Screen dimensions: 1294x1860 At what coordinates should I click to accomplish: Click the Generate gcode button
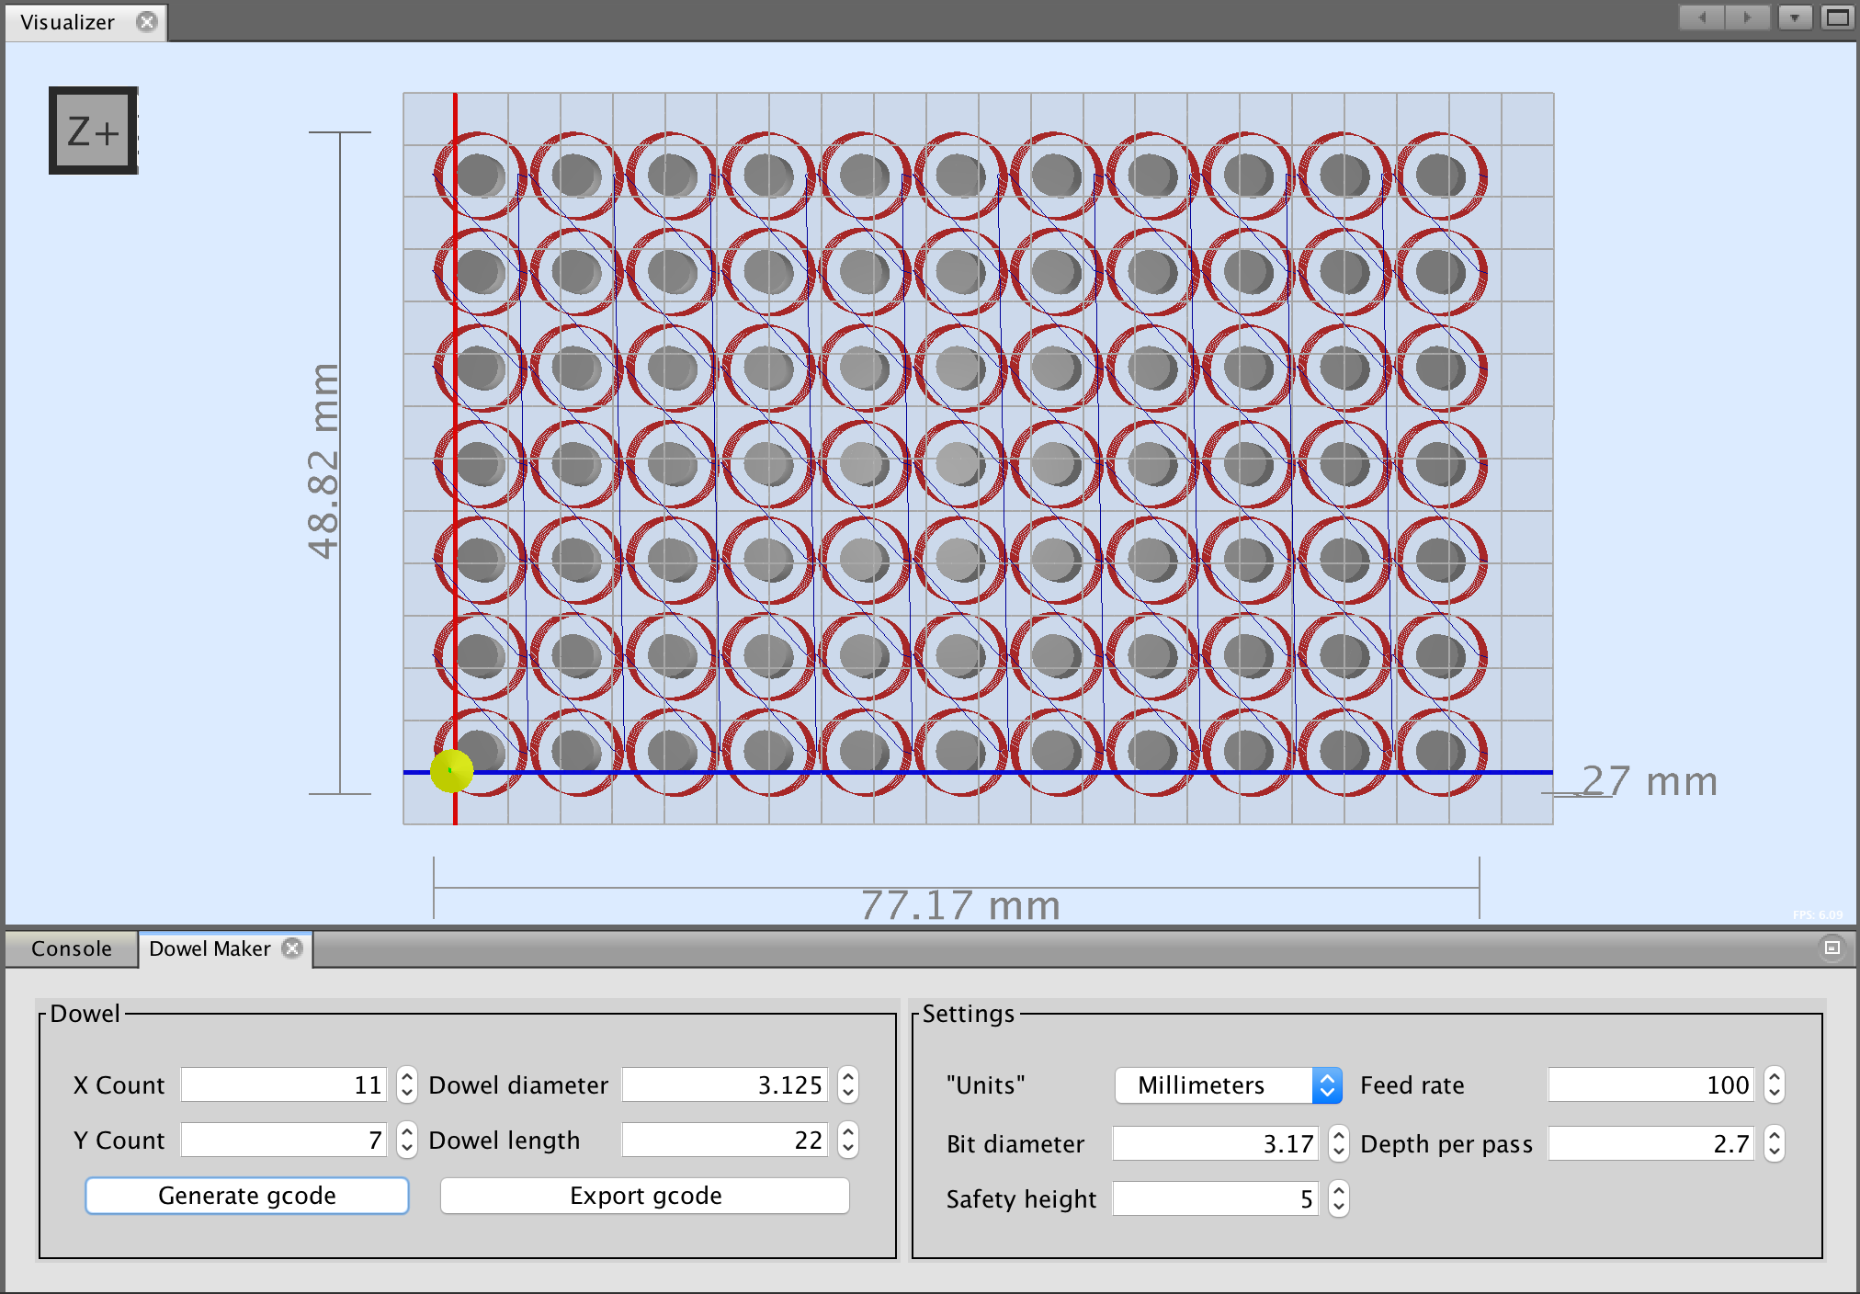pyautogui.click(x=246, y=1196)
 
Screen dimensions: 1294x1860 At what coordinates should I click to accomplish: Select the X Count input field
pyautogui.click(x=283, y=1085)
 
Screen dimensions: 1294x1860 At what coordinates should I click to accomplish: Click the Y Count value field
pyautogui.click(x=283, y=1141)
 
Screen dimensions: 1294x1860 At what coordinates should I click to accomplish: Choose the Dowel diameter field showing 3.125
pyautogui.click(x=724, y=1085)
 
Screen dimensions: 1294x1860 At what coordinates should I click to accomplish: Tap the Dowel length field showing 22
pyautogui.click(x=724, y=1141)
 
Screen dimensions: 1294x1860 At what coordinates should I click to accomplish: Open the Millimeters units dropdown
pyautogui.click(x=1228, y=1085)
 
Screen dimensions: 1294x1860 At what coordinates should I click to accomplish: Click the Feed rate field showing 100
pyautogui.click(x=1650, y=1085)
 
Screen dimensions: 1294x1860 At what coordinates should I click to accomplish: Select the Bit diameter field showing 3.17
pyautogui.click(x=1215, y=1144)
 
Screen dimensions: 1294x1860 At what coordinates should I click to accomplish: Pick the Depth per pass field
pyautogui.click(x=1650, y=1144)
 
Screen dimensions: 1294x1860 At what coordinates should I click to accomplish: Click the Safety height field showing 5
pyautogui.click(x=1215, y=1199)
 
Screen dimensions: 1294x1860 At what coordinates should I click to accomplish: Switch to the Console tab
pyautogui.click(x=72, y=948)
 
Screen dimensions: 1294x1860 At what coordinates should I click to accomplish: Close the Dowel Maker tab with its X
pyautogui.click(x=292, y=948)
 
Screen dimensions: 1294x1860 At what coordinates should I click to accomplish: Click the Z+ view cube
pyautogui.click(x=94, y=131)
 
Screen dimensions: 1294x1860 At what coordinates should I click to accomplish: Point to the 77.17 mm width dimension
pyautogui.click(x=960, y=905)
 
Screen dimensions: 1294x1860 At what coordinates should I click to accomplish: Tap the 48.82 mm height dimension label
pyautogui.click(x=323, y=460)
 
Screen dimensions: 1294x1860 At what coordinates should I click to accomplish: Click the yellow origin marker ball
pyautogui.click(x=451, y=770)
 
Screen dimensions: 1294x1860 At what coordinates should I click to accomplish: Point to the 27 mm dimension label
pyautogui.click(x=1650, y=782)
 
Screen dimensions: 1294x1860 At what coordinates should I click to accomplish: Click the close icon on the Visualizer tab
pyautogui.click(x=147, y=22)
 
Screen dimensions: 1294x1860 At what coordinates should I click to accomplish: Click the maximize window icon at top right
pyautogui.click(x=1837, y=17)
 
